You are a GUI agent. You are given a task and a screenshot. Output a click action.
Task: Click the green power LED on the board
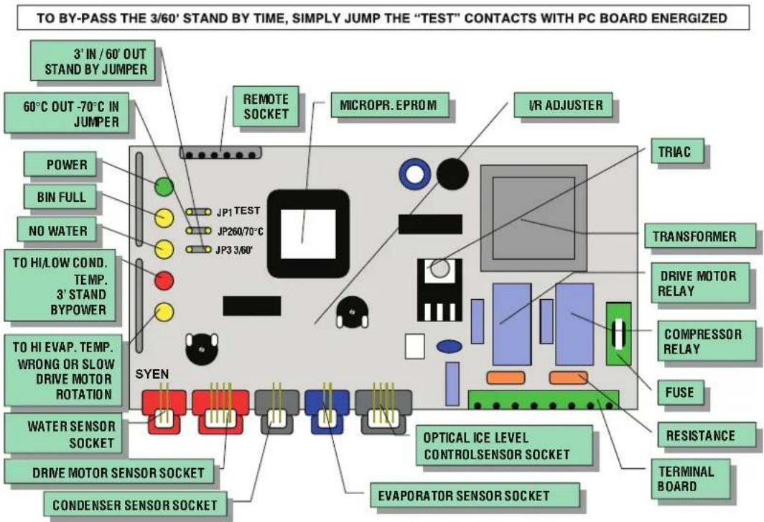click(164, 186)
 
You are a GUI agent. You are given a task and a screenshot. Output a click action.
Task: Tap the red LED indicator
click(164, 280)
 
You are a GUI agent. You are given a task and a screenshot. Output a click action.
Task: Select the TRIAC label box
click(677, 151)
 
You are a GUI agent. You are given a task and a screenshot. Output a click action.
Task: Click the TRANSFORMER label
click(694, 237)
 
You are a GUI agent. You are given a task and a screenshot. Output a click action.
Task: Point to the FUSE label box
click(681, 393)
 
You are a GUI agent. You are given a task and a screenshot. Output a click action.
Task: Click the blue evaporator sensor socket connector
click(327, 411)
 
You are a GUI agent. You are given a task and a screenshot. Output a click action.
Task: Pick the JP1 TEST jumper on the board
click(198, 212)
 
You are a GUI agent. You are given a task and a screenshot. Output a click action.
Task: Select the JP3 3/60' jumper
click(198, 249)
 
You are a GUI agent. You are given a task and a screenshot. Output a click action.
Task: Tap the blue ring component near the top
click(414, 174)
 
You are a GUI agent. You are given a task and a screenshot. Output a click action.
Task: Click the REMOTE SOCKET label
click(266, 106)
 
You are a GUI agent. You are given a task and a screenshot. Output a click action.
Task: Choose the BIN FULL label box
click(60, 197)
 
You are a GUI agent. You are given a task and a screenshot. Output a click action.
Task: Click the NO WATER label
click(57, 230)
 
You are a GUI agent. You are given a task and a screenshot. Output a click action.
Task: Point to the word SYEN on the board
click(152, 374)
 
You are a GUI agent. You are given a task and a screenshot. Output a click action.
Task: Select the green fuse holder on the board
click(618, 334)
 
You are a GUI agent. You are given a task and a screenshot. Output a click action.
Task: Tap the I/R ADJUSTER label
click(566, 105)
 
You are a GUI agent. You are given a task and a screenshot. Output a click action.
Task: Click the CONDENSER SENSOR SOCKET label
click(135, 505)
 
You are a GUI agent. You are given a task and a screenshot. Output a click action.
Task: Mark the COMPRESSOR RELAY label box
click(702, 342)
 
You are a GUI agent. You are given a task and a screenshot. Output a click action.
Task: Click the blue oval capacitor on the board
click(449, 347)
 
